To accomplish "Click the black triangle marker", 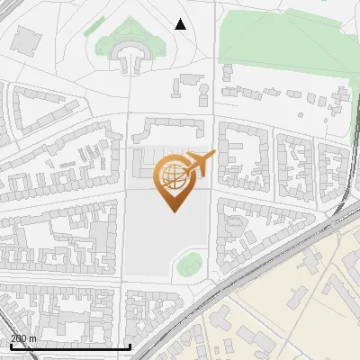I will (x=181, y=24).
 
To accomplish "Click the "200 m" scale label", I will (x=23, y=338).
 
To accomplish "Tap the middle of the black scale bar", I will (x=69, y=346).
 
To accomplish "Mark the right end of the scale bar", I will (x=130, y=346).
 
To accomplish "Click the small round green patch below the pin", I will (x=188, y=265).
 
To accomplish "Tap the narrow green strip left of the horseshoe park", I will (x=94, y=27).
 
